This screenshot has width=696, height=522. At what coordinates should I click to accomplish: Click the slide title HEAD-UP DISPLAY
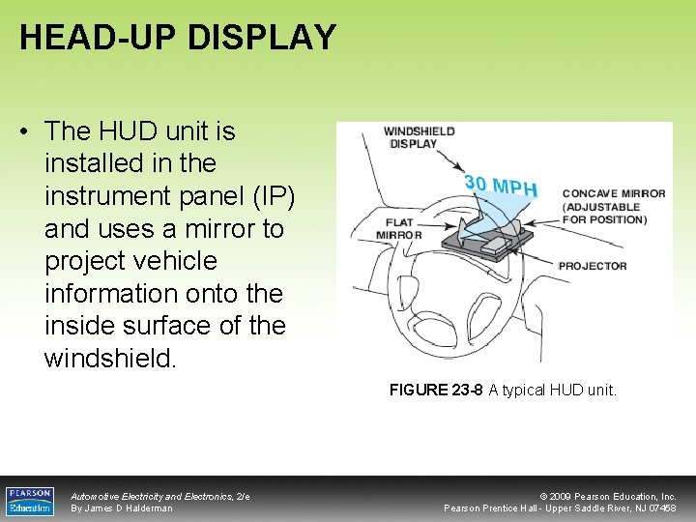(178, 37)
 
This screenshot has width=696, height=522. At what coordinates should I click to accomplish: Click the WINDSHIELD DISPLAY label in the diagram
(419, 137)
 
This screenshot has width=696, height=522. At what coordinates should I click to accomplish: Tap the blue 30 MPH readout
(500, 185)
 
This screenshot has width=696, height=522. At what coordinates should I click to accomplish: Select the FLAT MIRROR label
(398, 228)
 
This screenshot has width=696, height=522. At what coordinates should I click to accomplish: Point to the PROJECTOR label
(593, 266)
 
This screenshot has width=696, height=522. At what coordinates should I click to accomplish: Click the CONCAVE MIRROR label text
(614, 206)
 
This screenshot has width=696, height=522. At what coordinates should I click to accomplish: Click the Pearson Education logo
(29, 500)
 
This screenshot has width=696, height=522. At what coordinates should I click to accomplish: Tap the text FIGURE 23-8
(436, 391)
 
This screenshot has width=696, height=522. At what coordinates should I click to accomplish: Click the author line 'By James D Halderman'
(122, 508)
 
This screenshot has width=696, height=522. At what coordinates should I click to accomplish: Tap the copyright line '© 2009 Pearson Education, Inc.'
(608, 496)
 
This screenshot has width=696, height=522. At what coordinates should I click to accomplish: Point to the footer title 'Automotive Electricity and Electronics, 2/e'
(159, 496)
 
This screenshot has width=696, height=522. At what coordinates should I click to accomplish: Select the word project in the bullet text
(82, 261)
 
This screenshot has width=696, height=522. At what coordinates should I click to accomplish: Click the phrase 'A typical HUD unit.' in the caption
(552, 391)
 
